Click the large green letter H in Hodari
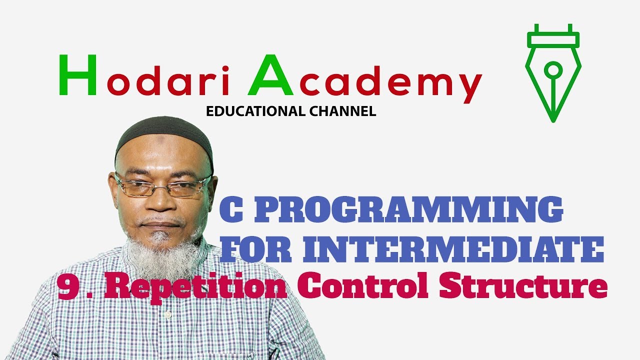(x=77, y=74)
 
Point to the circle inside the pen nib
(x=553, y=69)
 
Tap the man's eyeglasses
(x=163, y=186)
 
